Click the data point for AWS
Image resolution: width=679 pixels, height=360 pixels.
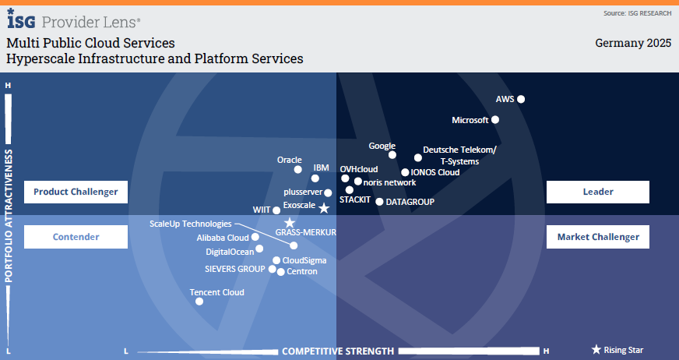(521, 99)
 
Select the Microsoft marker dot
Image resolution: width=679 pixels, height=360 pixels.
(495, 120)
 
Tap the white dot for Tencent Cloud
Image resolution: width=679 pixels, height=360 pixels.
(199, 301)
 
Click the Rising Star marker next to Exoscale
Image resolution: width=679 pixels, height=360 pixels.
(324, 208)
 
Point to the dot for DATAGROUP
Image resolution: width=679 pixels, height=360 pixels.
(379, 202)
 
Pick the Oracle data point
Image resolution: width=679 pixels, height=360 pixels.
(297, 169)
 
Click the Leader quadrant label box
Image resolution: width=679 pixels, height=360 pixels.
(597, 192)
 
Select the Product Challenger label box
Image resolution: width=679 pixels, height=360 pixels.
(76, 192)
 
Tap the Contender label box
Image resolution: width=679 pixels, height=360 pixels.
(76, 237)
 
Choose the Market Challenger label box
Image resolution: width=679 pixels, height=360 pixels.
(597, 237)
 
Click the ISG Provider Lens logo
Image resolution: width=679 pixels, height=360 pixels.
(74, 19)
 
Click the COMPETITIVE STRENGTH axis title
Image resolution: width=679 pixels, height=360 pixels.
(337, 351)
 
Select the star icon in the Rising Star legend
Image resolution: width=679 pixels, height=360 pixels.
(596, 351)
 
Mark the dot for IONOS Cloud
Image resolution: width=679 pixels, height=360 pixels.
(405, 172)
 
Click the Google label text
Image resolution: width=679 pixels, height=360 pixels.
(382, 146)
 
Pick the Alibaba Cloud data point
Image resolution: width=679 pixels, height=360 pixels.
(255, 238)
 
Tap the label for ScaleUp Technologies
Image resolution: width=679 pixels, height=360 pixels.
(191, 224)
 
